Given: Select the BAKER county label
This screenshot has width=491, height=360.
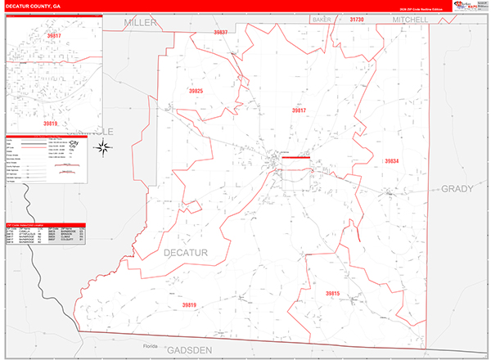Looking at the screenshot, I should (321, 18).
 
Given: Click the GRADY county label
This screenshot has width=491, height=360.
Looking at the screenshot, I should (457, 188).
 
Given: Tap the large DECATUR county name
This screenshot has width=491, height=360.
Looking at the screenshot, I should (185, 251).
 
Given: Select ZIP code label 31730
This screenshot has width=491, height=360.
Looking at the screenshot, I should (356, 18).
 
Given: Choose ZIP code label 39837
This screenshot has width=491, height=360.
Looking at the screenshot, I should (220, 32).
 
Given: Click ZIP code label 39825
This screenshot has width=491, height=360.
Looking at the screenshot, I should (196, 91).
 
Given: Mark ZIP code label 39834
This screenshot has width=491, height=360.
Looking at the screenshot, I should (391, 161).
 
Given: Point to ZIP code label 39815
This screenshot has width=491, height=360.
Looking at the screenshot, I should (331, 293).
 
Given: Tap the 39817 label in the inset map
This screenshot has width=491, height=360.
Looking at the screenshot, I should (54, 36).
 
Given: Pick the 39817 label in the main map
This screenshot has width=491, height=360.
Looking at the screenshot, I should (298, 109).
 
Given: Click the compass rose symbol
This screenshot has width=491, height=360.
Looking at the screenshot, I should (104, 147).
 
